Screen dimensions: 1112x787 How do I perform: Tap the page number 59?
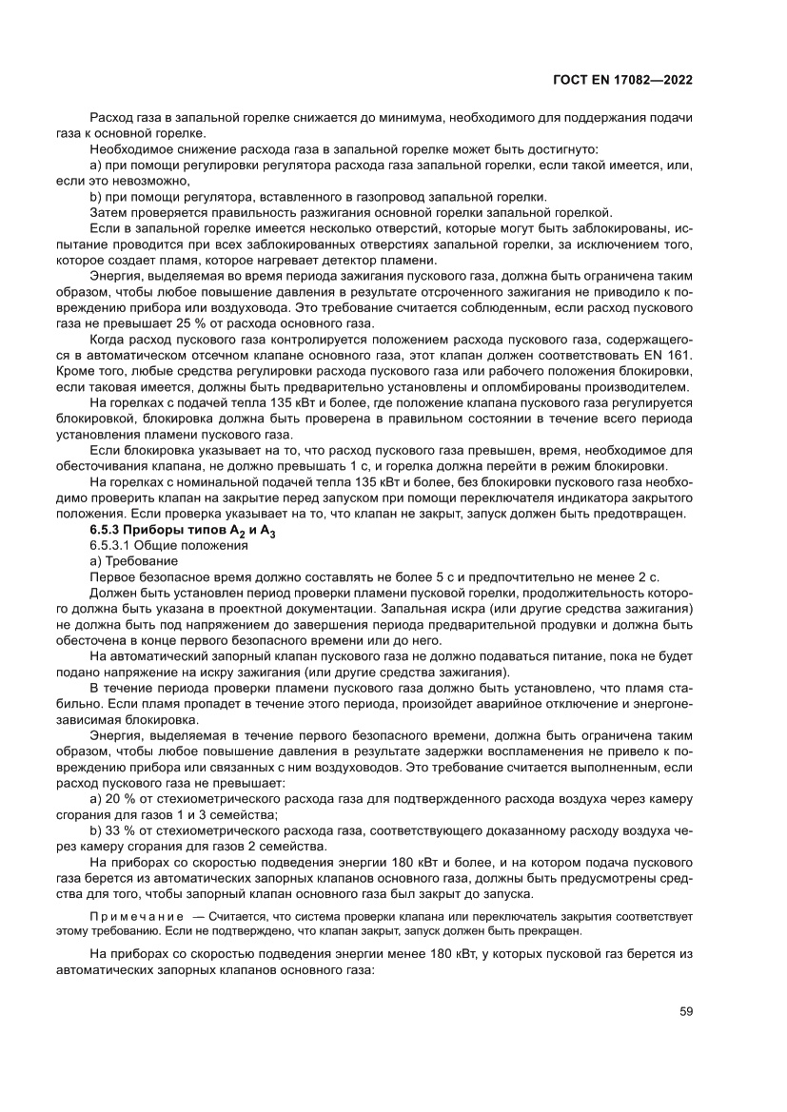point(684,1011)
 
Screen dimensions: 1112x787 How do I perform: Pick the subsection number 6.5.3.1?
point(112,546)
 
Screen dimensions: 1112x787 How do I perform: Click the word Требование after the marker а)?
point(139,561)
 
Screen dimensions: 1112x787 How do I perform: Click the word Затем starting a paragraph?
point(108,211)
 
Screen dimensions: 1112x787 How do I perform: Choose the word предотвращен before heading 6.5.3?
point(638,514)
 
